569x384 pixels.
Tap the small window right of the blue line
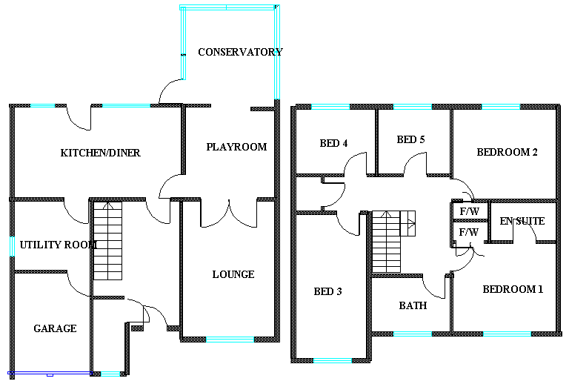pos(110,374)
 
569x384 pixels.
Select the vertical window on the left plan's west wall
pos(12,245)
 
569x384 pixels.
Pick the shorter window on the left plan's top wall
pos(42,105)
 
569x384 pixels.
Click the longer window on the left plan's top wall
pos(126,105)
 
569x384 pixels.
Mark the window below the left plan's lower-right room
pos(230,340)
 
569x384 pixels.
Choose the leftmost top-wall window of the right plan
pos(330,107)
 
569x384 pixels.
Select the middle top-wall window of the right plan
pos(413,107)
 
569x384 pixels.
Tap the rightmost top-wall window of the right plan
pos(501,107)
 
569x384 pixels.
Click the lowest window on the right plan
pos(333,360)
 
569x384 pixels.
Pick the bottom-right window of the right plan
pos(507,334)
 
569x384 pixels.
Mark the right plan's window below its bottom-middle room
pos(413,334)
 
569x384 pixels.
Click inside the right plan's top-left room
pos(335,141)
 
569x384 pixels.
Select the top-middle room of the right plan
pos(413,141)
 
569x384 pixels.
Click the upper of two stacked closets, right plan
pos(470,209)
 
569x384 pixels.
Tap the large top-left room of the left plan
pos(96,152)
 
